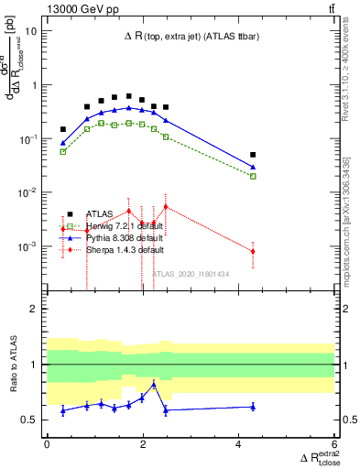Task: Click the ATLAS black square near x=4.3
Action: point(253,155)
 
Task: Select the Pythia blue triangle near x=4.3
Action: point(253,167)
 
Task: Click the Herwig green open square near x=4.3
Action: point(253,176)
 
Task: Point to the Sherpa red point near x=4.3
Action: point(253,251)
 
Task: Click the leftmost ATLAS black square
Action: point(63,129)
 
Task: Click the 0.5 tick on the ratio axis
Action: point(30,420)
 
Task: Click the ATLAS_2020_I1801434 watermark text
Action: point(191,273)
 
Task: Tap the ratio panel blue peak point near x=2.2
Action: point(153,385)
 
